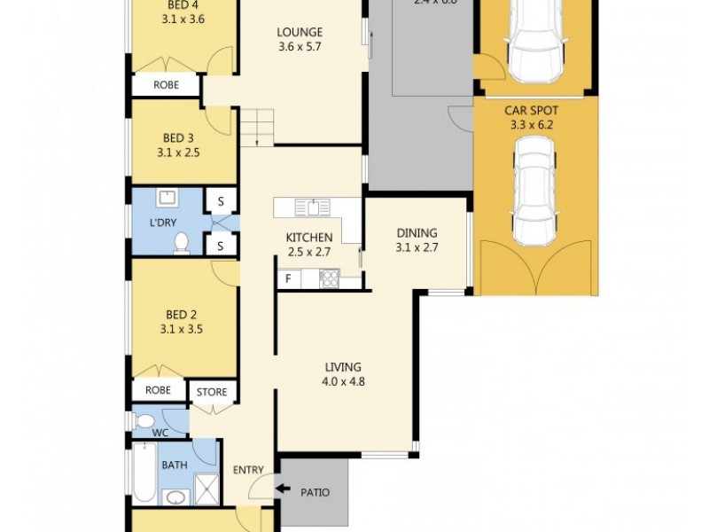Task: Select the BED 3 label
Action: (178, 137)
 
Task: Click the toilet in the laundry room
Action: (182, 242)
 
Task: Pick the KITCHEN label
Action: (308, 238)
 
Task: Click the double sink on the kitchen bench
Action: (312, 207)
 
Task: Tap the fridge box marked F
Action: (287, 279)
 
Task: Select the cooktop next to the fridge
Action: (329, 278)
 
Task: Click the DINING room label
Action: (417, 234)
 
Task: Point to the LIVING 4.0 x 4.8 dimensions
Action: (344, 382)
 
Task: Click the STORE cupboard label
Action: (212, 392)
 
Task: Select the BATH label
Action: (174, 465)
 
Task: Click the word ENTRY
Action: (247, 470)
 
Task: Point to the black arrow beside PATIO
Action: (284, 488)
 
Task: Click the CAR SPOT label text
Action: (530, 110)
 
